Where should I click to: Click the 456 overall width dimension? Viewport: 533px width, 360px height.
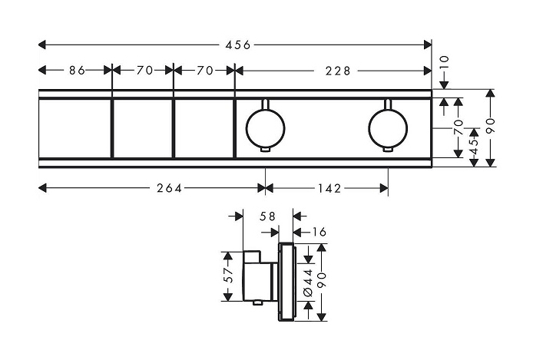[x=237, y=45]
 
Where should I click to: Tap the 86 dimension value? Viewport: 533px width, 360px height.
[x=76, y=71]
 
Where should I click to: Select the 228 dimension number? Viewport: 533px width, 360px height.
[x=336, y=71]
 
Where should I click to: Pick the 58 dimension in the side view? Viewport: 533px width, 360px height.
[x=267, y=217]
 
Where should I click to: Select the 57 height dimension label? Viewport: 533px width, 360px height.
[x=229, y=276]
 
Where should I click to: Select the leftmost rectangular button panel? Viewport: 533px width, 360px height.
[x=75, y=127]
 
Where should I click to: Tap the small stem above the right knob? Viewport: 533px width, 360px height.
[x=388, y=102]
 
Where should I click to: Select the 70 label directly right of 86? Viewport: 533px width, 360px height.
[x=144, y=71]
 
